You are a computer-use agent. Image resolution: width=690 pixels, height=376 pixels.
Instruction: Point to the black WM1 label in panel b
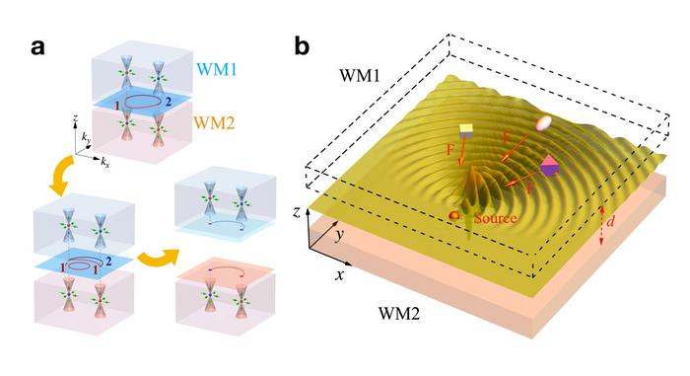coord(366,75)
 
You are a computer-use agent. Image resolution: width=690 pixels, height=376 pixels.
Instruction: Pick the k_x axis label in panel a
coord(106,159)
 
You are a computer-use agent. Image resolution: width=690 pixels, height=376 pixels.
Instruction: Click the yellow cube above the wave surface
coord(467,130)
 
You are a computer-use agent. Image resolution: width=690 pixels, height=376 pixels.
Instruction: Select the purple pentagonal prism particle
coord(549,167)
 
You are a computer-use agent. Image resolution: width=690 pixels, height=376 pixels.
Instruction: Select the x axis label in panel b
coord(338,275)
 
